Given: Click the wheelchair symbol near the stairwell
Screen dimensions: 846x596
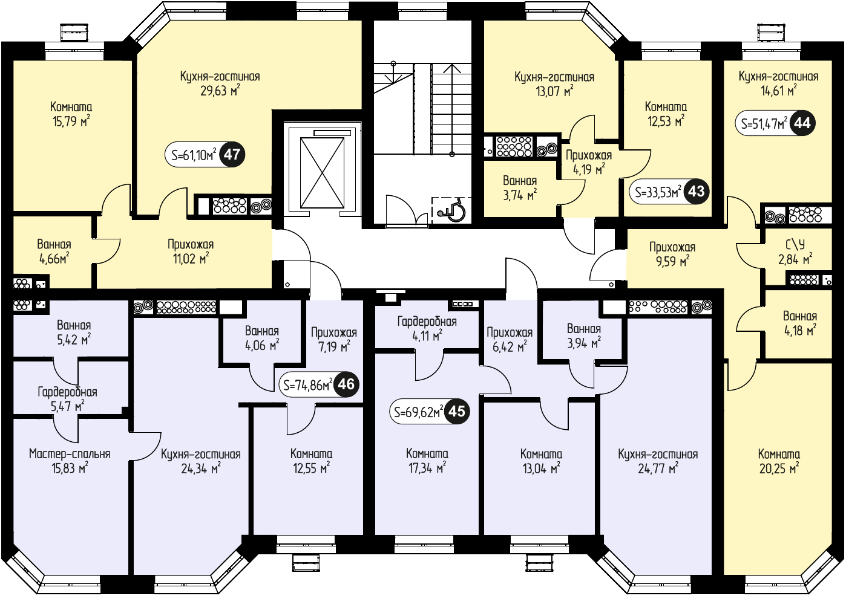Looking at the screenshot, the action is (451, 211).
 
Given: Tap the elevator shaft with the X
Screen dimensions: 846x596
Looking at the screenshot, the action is (322, 173).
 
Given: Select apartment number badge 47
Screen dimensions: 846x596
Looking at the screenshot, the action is (232, 155).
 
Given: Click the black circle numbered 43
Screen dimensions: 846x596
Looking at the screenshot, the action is (697, 192).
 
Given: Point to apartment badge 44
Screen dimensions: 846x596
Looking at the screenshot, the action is (802, 123).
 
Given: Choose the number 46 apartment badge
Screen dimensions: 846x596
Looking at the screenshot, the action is (346, 384).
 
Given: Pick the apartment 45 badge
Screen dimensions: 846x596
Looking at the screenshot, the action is (457, 412).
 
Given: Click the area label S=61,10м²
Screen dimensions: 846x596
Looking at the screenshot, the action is (194, 155).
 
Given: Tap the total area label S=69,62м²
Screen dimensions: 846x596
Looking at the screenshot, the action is (419, 412).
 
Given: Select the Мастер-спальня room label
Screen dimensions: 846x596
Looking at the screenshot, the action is (70, 454).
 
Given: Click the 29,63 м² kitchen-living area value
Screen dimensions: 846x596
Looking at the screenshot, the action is (220, 91).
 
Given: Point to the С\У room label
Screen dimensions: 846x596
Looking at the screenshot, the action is (795, 245).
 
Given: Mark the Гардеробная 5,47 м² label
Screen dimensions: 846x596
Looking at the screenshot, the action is (67, 399).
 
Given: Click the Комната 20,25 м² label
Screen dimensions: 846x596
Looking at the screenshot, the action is (779, 461).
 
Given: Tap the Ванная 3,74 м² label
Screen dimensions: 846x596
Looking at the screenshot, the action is (520, 187).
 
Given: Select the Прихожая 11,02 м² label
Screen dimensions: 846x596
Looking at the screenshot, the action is (191, 251).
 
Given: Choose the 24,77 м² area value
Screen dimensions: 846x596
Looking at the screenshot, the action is (658, 468).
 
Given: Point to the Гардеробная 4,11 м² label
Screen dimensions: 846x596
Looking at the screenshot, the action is (427, 328).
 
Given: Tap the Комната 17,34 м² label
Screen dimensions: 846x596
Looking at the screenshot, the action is (427, 461).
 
